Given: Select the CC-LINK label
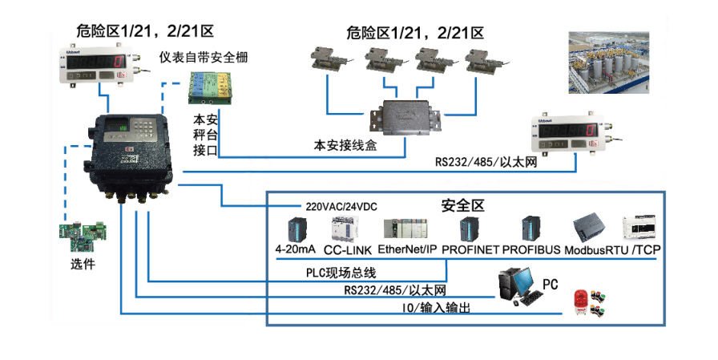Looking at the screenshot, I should (346, 250).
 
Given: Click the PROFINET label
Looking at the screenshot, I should (471, 249).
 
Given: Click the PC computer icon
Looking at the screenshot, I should (517, 285).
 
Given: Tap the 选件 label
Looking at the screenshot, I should (83, 261).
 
